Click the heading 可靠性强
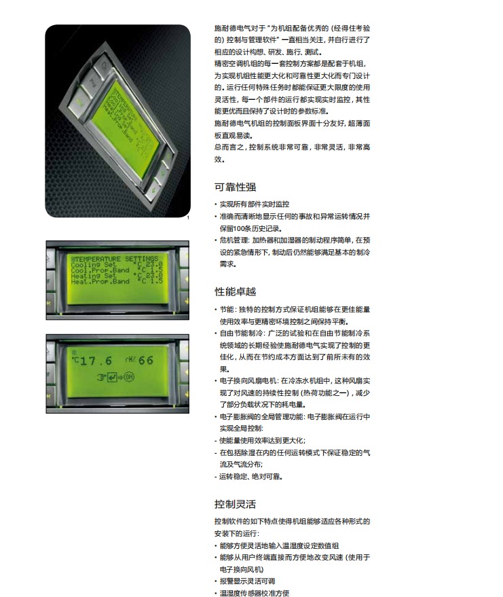pyautogui.click(x=235, y=187)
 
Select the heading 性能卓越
pyautogui.click(x=235, y=291)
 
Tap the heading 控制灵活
pyautogui.click(x=235, y=504)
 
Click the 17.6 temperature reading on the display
pyautogui.click(x=96, y=361)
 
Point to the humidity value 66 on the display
pyautogui.click(x=146, y=360)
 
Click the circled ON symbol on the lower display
pyautogui.click(x=130, y=377)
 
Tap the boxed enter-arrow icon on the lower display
pyautogui.click(x=112, y=378)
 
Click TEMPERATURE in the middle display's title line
pyautogui.click(x=98, y=259)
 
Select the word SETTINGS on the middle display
pyautogui.click(x=142, y=259)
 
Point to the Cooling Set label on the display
pyautogui.click(x=94, y=265)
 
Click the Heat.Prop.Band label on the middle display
pyautogui.click(x=100, y=281)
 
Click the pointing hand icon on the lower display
pyautogui.click(x=101, y=378)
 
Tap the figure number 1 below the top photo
pyautogui.click(x=188, y=218)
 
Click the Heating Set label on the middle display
pyautogui.click(x=94, y=276)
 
